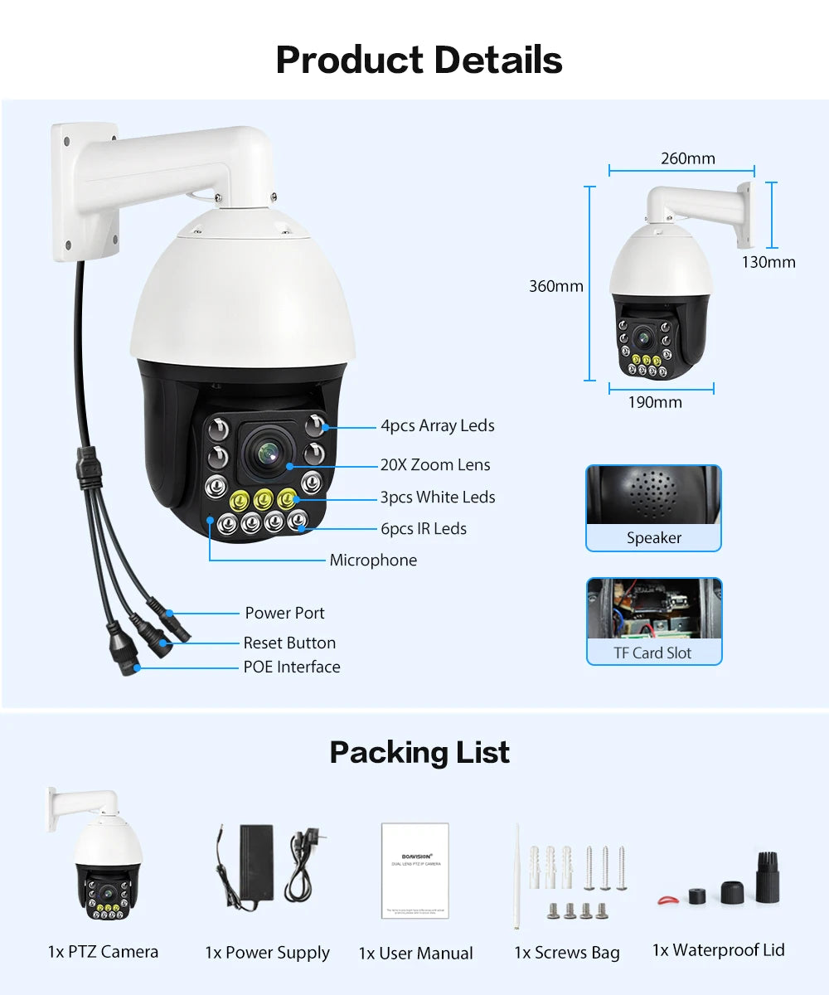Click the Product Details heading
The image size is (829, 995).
(x=419, y=60)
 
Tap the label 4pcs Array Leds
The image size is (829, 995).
(x=437, y=426)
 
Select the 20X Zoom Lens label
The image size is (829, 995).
(x=435, y=465)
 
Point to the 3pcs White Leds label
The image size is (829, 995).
(x=438, y=498)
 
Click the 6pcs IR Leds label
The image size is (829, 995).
(x=423, y=529)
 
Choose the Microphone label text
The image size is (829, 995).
(x=373, y=561)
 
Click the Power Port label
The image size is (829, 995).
(x=284, y=614)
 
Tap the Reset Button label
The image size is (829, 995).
(x=289, y=643)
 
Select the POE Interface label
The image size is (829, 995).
(x=291, y=667)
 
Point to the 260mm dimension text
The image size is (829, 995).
(x=687, y=158)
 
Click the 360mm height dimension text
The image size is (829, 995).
(x=556, y=287)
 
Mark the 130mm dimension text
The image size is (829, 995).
(x=768, y=263)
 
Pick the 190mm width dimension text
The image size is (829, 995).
(x=655, y=403)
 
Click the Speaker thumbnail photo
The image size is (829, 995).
(x=653, y=496)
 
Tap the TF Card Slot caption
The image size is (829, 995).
(x=652, y=653)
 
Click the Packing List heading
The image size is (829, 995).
(x=419, y=753)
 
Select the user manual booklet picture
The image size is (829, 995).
(x=415, y=870)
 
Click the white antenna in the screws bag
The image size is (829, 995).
(x=517, y=875)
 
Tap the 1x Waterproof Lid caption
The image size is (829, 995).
(x=718, y=951)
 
